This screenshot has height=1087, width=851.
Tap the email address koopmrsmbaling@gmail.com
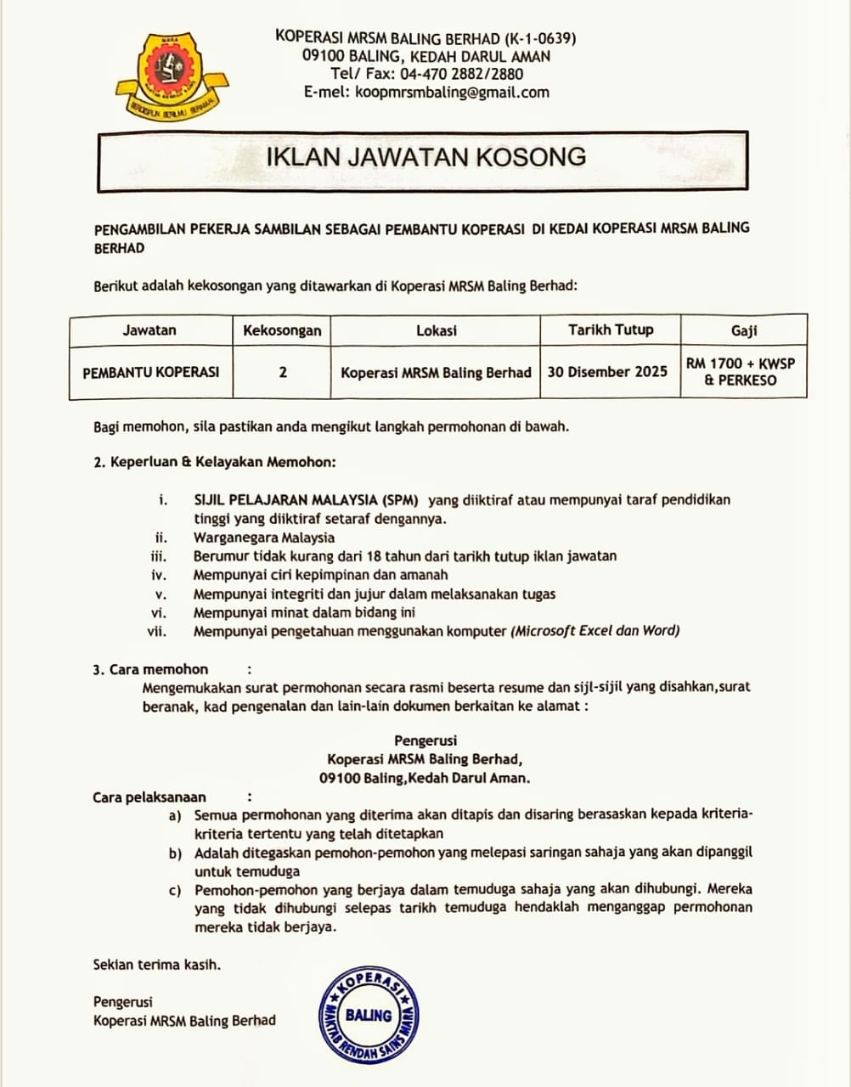pos(452,93)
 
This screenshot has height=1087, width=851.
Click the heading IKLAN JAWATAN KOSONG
pos(426,157)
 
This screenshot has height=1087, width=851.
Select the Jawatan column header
pos(149,330)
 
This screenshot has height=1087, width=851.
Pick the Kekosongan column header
pos(282,330)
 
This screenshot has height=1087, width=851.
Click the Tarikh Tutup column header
pos(611,329)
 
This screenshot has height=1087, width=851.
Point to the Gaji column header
pos(743,330)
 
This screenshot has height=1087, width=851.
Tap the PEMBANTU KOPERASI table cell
pos(150,372)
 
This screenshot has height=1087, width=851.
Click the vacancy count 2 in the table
pos(283,372)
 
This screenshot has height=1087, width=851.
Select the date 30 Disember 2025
pos(607,371)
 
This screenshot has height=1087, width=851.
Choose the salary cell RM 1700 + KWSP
pos(741,371)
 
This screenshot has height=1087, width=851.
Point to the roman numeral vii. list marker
pos(157,631)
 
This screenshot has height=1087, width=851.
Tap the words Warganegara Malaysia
pos(264,538)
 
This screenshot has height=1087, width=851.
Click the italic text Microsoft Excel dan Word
pos(595,631)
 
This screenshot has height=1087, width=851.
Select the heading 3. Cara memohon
pos(150,669)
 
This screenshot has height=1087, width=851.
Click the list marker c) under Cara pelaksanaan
pos(175,890)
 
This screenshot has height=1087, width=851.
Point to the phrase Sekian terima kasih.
pos(157,964)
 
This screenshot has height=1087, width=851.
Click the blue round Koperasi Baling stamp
pos(369,1015)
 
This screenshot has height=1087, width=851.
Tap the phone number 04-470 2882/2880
pos(462,74)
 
